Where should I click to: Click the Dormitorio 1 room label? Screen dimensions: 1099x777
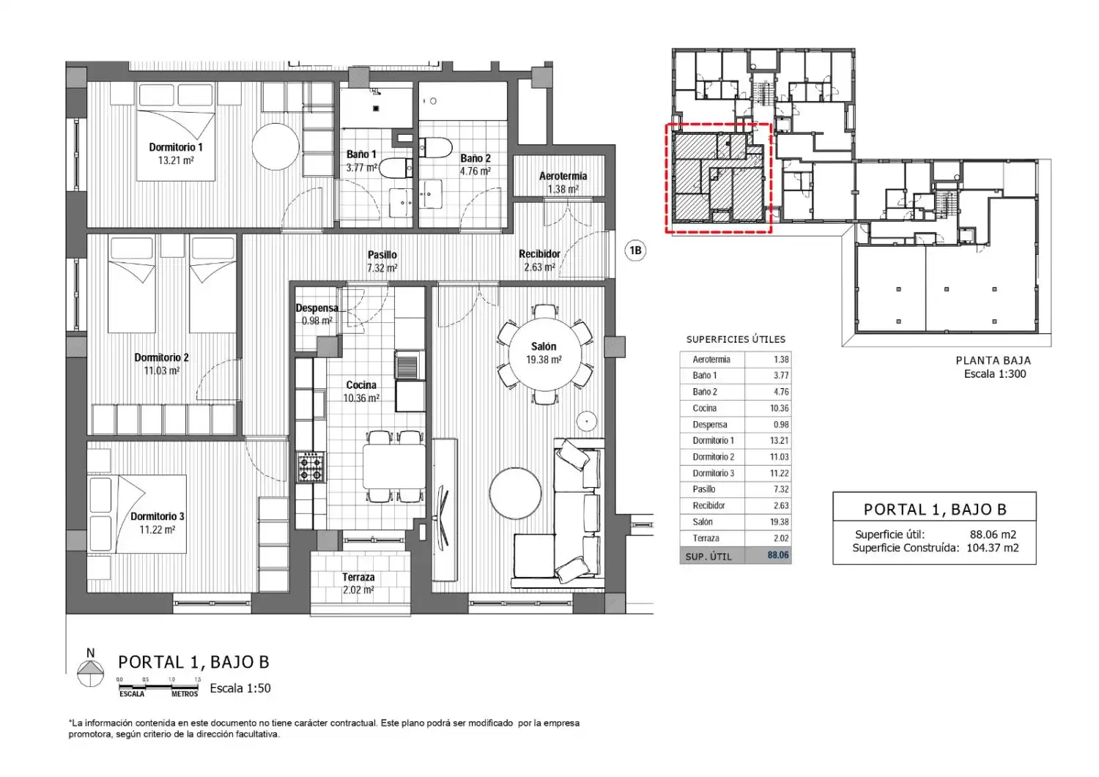point(176,146)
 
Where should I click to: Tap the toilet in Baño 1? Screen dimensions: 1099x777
point(396,168)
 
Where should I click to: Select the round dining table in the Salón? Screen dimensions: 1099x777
point(544,354)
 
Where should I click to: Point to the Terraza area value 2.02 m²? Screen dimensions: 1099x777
point(358,590)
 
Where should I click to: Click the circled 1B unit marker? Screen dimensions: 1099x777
point(635,250)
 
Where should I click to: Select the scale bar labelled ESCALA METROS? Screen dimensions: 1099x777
point(158,686)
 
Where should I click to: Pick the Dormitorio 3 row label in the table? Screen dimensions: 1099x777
point(714,473)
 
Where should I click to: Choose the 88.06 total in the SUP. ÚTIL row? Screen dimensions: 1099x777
point(778,555)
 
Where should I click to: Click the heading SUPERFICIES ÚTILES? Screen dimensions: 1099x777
point(736,339)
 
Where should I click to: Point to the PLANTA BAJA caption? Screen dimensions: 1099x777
point(993,360)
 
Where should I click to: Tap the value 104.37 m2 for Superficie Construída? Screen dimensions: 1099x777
point(993,548)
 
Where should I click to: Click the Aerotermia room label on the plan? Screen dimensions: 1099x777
point(563,176)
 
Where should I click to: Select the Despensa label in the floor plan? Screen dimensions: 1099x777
point(317,308)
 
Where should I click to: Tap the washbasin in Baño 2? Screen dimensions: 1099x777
point(431,194)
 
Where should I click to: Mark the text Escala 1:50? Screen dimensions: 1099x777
point(240,688)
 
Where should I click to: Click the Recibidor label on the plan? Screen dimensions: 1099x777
point(540,254)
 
